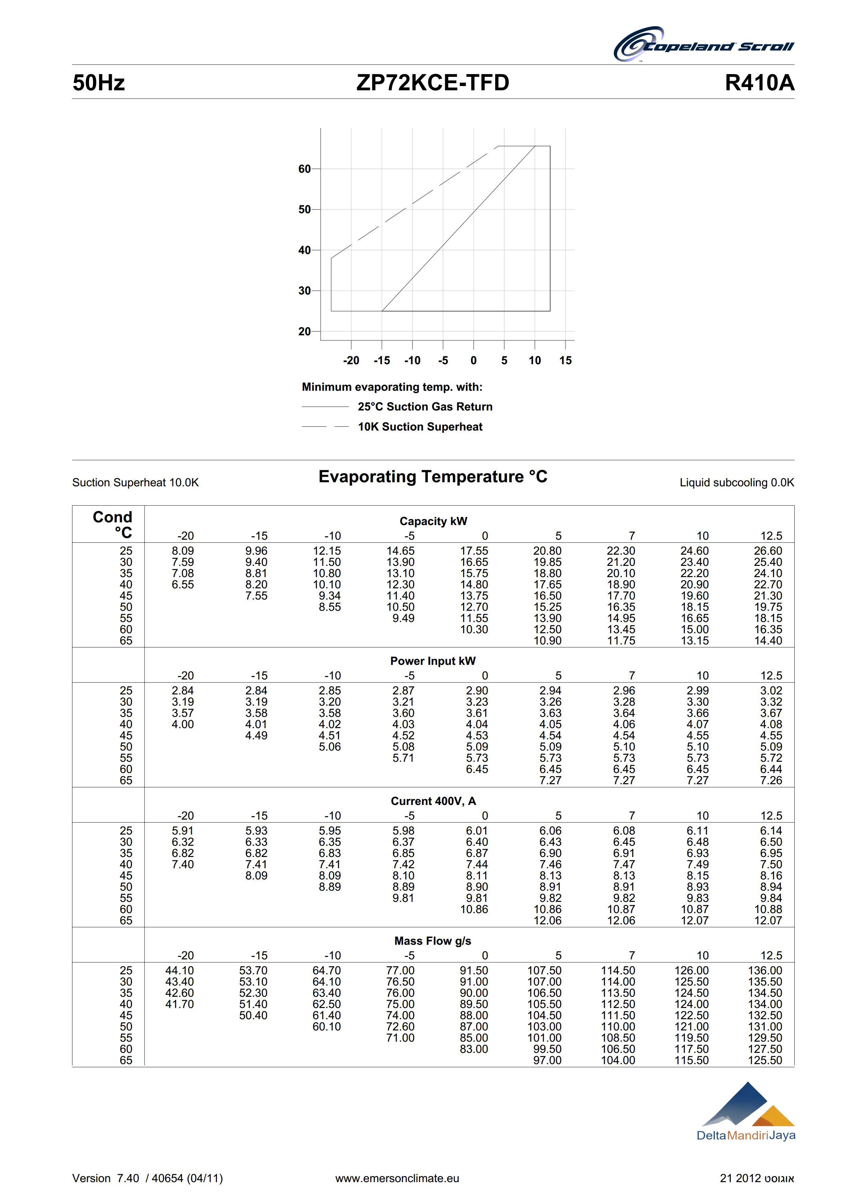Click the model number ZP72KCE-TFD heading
[x=433, y=83]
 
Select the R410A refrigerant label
[x=759, y=83]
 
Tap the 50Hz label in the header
[x=99, y=83]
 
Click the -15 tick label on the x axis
[x=382, y=360]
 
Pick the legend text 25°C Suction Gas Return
[x=425, y=406]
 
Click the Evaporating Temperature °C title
[x=433, y=476]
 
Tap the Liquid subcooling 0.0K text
[x=737, y=483]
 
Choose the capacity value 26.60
[x=768, y=551]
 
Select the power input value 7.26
[x=771, y=780]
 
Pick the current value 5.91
[x=183, y=831]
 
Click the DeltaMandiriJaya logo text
[x=746, y=1135]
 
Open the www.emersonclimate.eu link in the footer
[x=397, y=1178]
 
